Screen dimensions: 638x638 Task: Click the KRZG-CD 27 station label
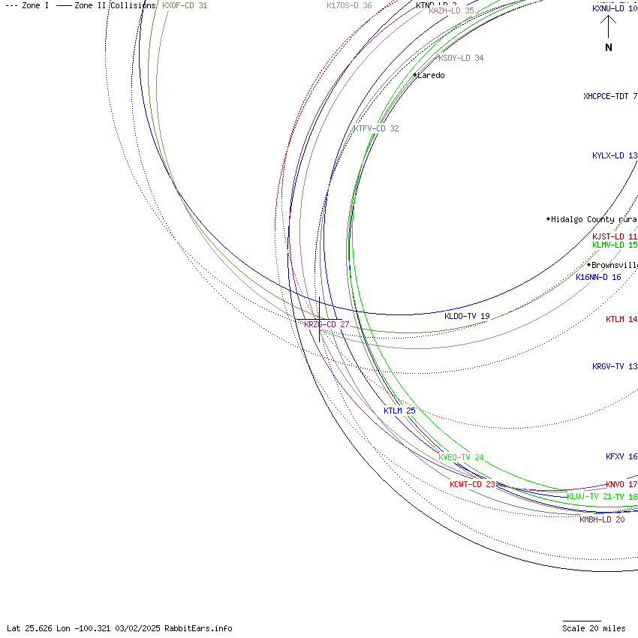click(327, 324)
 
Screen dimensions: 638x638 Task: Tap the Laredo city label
click(430, 75)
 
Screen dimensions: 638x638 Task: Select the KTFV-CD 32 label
click(376, 128)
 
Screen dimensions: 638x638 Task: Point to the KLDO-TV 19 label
click(467, 316)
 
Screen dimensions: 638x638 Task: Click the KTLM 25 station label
click(399, 411)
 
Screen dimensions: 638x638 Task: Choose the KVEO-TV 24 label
click(461, 457)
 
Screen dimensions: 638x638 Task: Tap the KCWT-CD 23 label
click(473, 484)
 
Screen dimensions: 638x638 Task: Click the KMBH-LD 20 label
click(602, 519)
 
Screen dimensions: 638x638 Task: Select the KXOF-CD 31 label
click(185, 5)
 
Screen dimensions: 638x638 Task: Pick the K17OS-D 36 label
click(349, 5)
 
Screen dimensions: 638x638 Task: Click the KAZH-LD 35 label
click(451, 11)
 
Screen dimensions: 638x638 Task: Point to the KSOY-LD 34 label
click(461, 58)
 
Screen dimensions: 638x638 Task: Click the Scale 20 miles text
click(594, 628)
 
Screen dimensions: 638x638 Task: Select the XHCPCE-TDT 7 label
click(610, 96)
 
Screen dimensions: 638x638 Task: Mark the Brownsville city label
click(614, 265)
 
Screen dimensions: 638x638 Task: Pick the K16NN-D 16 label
click(598, 277)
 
